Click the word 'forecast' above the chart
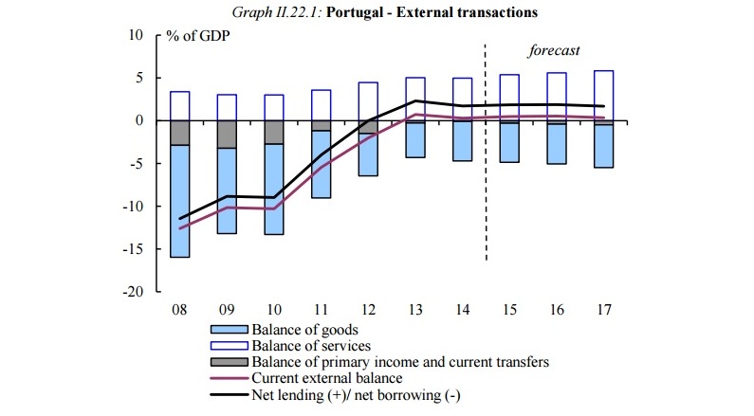click(x=553, y=49)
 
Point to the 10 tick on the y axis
click(x=135, y=35)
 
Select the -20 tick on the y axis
click(x=131, y=292)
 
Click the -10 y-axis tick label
click(x=131, y=207)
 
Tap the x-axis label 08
click(x=178, y=310)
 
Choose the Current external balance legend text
click(x=320, y=378)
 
